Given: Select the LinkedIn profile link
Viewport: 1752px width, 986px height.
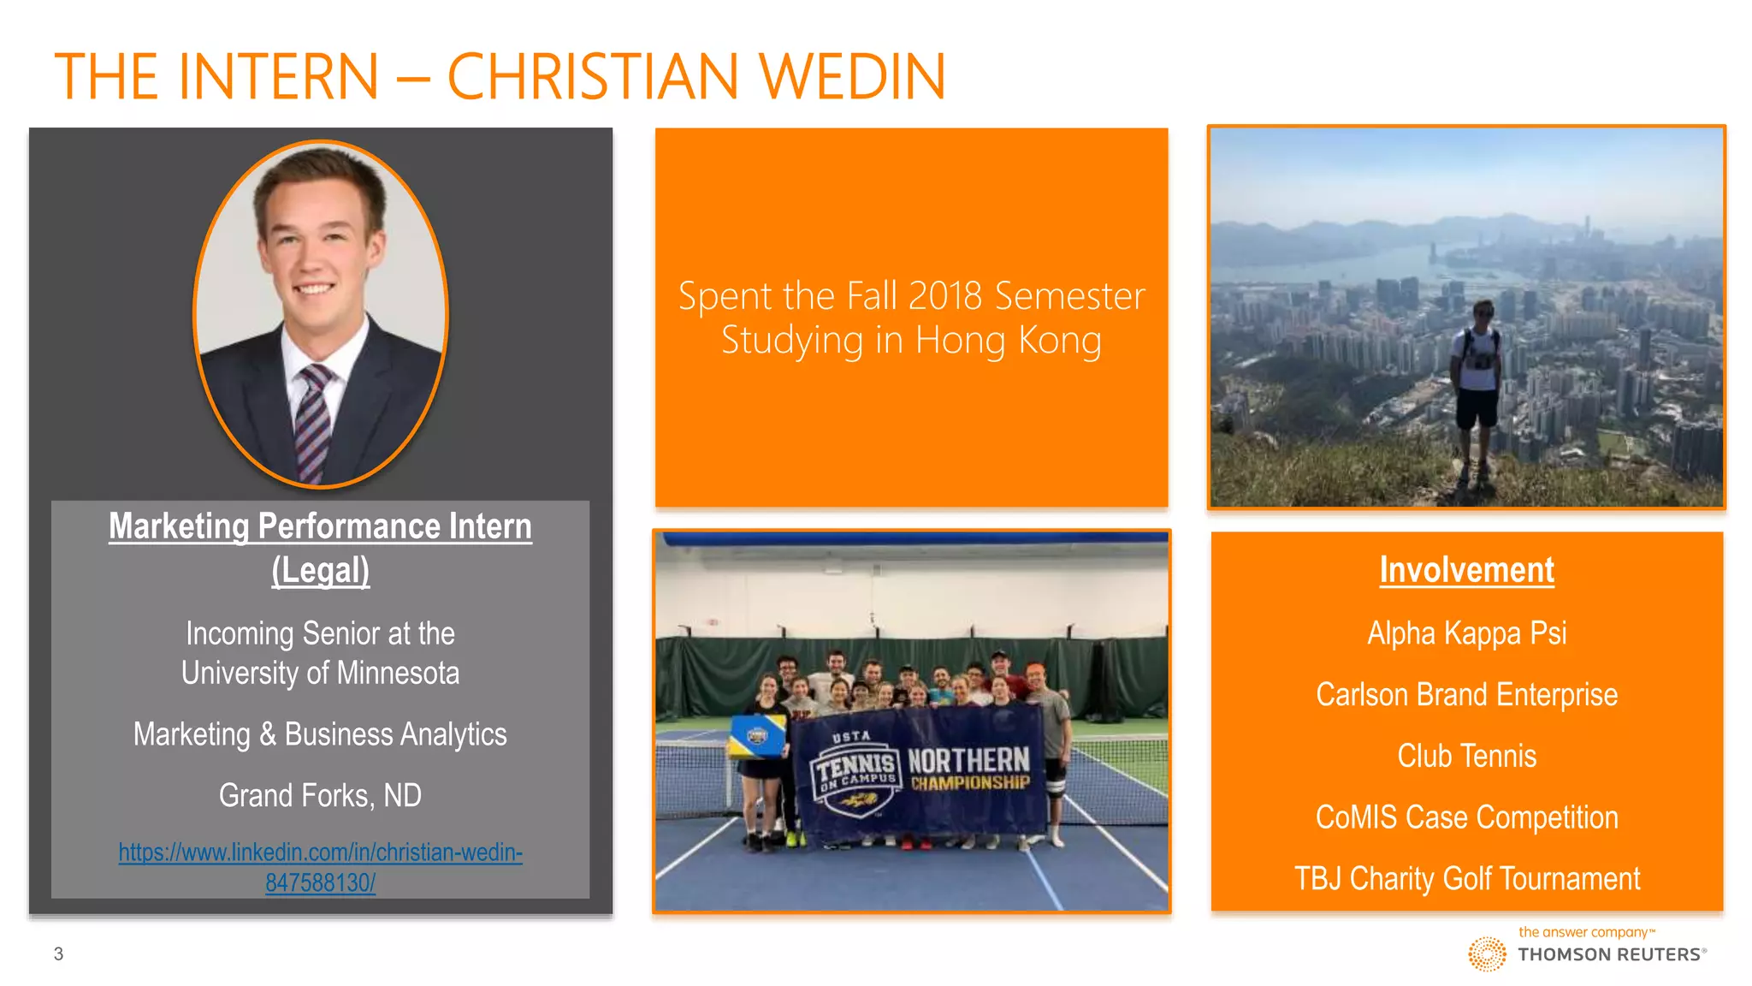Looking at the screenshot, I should (x=320, y=867).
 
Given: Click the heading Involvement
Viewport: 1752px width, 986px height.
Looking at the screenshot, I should (x=1466, y=570).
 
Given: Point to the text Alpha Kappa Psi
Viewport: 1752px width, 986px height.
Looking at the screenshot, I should (x=1466, y=633).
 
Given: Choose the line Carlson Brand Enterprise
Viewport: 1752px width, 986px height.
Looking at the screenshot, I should (x=1466, y=695).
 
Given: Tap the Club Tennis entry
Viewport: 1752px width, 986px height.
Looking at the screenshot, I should (x=1466, y=757).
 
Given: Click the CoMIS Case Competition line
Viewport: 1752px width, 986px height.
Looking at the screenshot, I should (x=1466, y=817).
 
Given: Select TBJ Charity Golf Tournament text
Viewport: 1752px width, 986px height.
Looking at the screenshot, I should (x=1466, y=879).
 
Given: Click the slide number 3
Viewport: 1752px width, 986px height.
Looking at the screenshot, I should (x=58, y=953).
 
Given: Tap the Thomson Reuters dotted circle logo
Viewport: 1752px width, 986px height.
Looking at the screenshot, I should (x=1487, y=953).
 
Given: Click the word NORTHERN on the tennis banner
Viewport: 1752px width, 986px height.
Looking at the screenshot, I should (x=968, y=759).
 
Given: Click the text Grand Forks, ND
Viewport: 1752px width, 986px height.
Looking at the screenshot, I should (x=320, y=795).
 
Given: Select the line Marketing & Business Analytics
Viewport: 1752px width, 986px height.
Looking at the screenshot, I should (x=320, y=734).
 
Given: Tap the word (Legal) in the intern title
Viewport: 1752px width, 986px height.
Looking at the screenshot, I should (x=320, y=570).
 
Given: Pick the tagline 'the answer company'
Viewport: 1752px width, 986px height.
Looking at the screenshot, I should (x=1583, y=932).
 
